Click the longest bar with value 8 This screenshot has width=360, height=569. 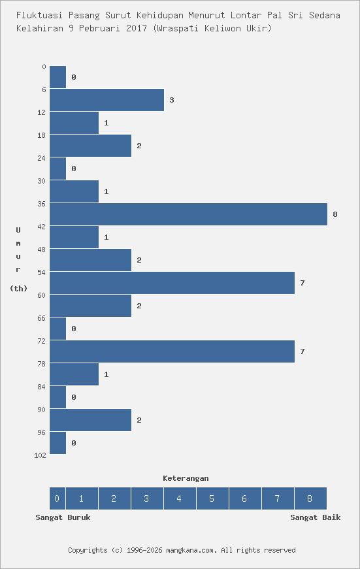point(188,214)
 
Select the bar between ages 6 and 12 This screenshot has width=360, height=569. point(106,100)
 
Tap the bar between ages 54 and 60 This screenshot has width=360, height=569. point(172,283)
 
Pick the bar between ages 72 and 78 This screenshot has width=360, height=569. point(172,351)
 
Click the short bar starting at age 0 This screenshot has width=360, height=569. point(57,77)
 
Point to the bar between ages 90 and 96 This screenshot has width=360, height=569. point(90,420)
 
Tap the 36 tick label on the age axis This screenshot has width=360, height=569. point(42,204)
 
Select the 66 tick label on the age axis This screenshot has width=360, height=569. point(42,318)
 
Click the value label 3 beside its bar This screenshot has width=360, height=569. point(171,100)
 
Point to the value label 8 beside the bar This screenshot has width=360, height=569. point(335,214)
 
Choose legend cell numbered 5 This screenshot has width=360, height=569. point(212,498)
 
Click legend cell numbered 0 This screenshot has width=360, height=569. point(57,498)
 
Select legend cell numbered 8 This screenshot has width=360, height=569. point(310,498)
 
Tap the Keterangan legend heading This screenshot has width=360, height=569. point(186,478)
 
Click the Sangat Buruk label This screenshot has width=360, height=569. point(63,517)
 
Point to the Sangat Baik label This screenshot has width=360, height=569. point(316,517)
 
